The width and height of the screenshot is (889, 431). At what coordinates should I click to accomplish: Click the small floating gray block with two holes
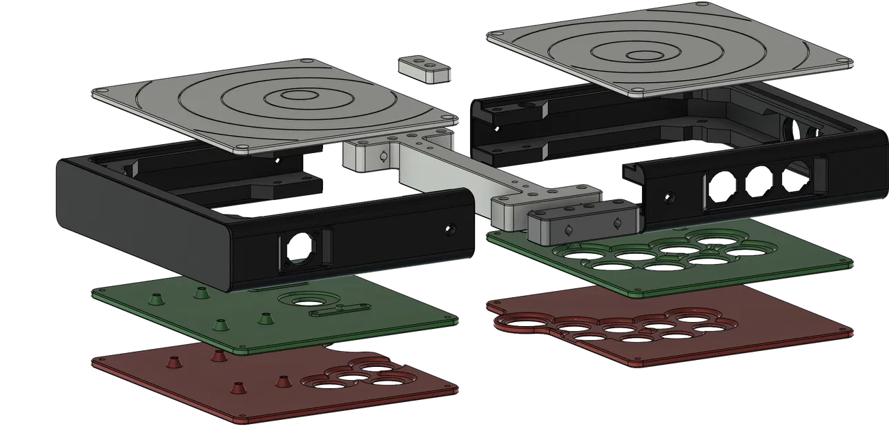coord(424,70)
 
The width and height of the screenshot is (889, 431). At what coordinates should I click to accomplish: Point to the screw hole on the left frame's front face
coord(451,228)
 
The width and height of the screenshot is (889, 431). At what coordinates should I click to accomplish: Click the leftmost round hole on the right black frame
coord(721,187)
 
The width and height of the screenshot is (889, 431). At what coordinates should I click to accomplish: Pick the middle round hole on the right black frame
coord(759,181)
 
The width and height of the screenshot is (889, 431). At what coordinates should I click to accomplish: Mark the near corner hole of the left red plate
coord(244,419)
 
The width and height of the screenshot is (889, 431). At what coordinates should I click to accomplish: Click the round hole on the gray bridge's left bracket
coord(379,157)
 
